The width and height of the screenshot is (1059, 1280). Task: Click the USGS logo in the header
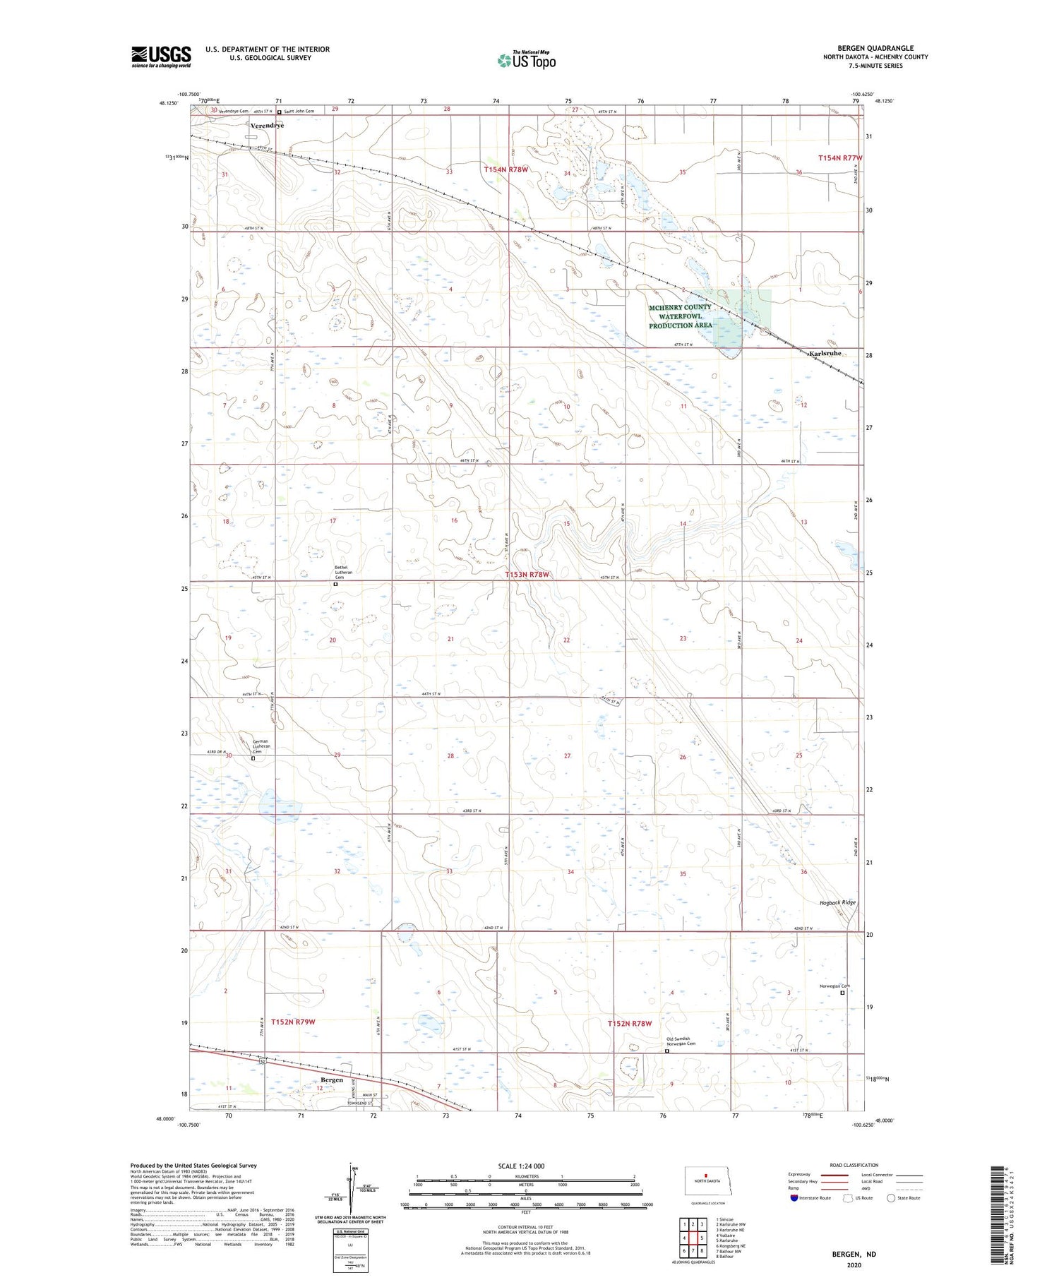pyautogui.click(x=161, y=56)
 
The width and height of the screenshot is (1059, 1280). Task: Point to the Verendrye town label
pyautogui.click(x=267, y=126)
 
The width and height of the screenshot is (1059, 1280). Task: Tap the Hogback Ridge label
pyautogui.click(x=838, y=902)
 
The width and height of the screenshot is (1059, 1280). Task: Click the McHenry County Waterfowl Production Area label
pyautogui.click(x=680, y=316)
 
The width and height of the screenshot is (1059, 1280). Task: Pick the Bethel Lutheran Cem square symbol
pyautogui.click(x=336, y=585)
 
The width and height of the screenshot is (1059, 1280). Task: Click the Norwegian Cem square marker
pyautogui.click(x=842, y=992)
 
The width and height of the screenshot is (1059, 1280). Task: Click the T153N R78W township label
pyautogui.click(x=527, y=575)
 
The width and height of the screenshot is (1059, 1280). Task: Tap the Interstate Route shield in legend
pyautogui.click(x=794, y=1197)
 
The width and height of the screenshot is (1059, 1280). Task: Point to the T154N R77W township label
pyautogui.click(x=839, y=158)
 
